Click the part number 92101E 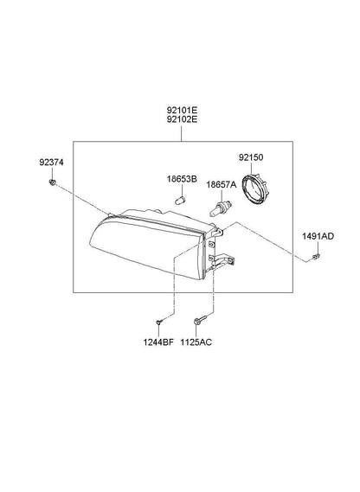click(182, 111)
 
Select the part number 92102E click(182, 119)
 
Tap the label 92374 click(51, 163)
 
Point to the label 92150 click(251, 157)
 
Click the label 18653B click(182, 179)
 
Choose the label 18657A click(222, 184)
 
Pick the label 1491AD click(318, 236)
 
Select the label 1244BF click(158, 342)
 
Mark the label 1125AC click(196, 342)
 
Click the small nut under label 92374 click(52, 182)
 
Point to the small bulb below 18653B click(180, 200)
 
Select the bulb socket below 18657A click(222, 209)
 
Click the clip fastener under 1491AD click(316, 258)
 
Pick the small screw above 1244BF click(159, 322)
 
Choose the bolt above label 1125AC click(200, 320)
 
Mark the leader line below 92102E click(182, 133)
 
